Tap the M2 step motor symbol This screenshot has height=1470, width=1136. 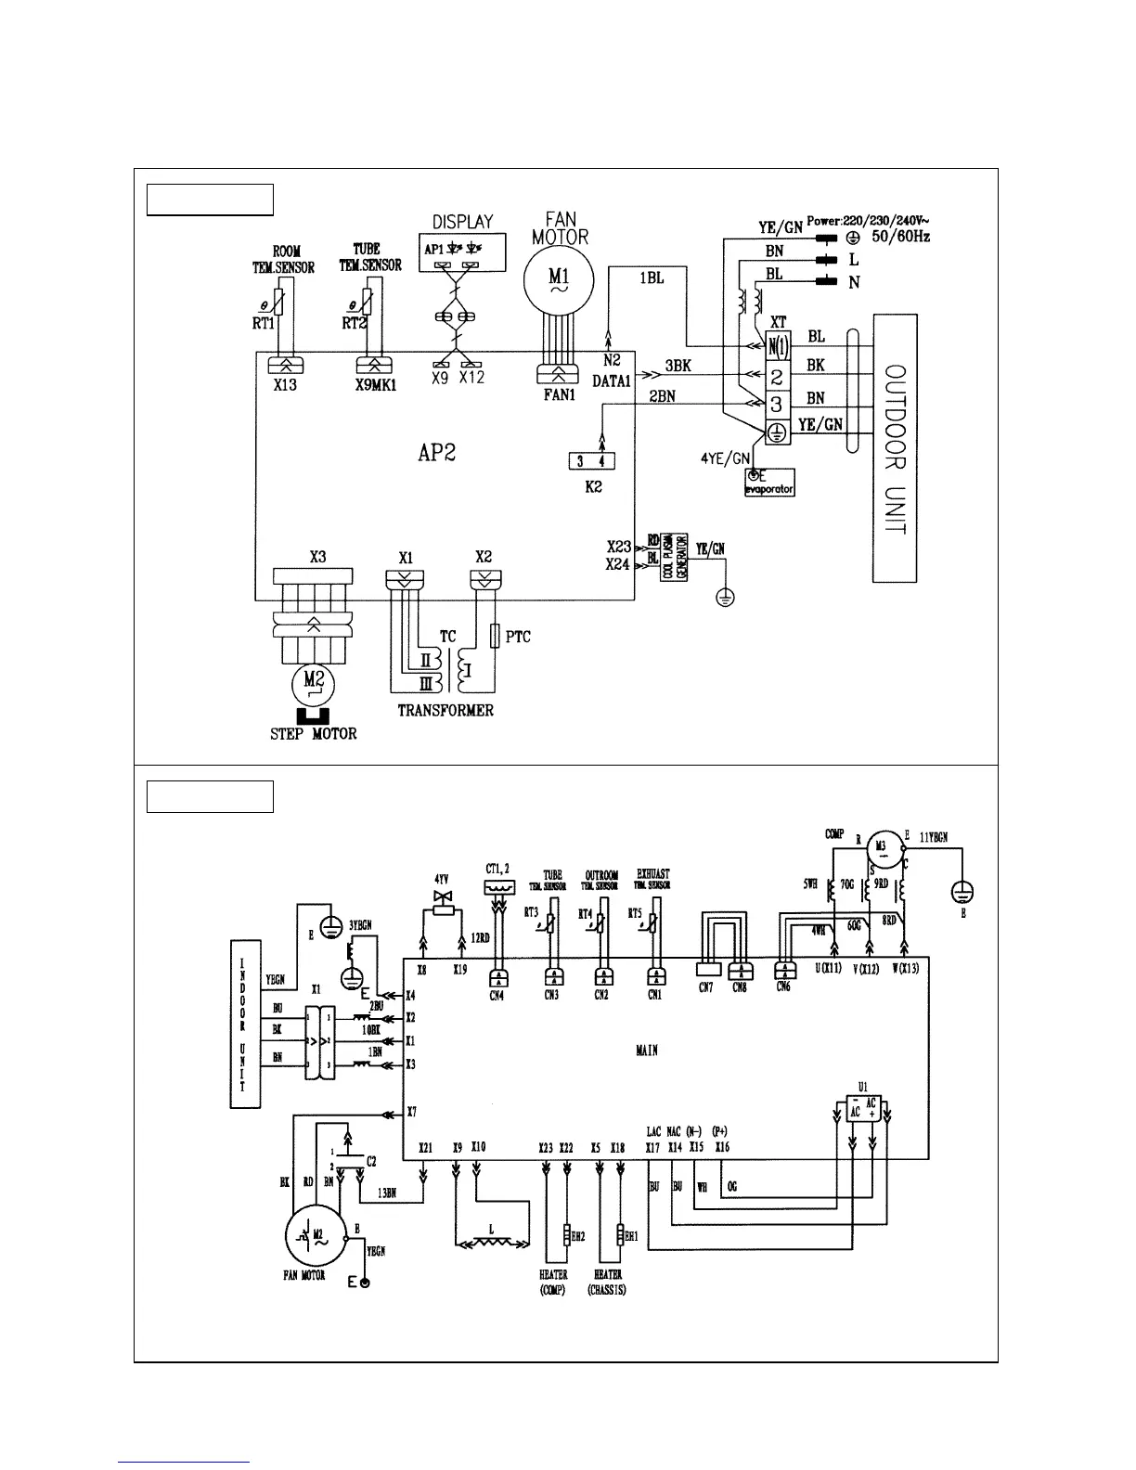314,686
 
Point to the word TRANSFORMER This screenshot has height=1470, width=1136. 445,711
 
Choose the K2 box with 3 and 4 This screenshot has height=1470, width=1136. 591,461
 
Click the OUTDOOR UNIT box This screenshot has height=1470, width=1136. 895,448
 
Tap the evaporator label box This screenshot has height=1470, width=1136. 769,483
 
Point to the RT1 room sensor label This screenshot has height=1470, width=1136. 265,323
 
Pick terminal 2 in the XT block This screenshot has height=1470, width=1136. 777,376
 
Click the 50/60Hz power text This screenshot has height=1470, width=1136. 900,237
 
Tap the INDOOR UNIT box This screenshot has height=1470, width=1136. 243,1024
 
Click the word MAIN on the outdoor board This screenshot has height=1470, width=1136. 647,1050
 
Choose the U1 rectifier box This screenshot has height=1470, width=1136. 862,1107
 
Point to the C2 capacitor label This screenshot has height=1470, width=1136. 370,1160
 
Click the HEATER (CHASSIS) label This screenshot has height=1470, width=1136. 607,1283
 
